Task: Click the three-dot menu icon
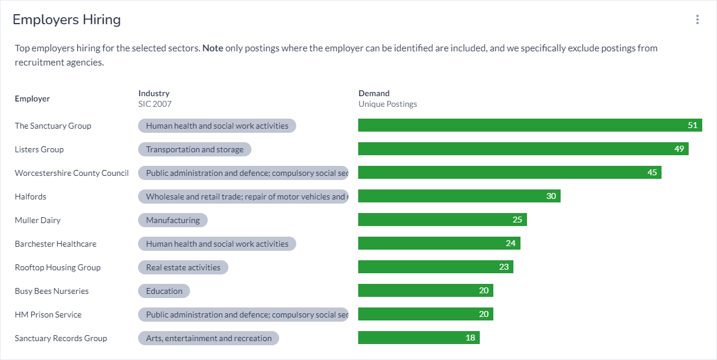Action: pyautogui.click(x=697, y=19)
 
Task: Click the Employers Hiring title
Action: pyautogui.click(x=67, y=19)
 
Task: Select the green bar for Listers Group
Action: pyautogui.click(x=523, y=149)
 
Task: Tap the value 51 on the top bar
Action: pyautogui.click(x=692, y=125)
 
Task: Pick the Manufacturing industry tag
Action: pyautogui.click(x=173, y=220)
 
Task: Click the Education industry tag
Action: pyautogui.click(x=164, y=291)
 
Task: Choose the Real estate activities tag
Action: pyautogui.click(x=183, y=267)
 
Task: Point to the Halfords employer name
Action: pyautogui.click(x=30, y=197)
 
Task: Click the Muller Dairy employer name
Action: pyautogui.click(x=38, y=220)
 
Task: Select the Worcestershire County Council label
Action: pyautogui.click(x=71, y=173)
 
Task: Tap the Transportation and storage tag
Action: pyautogui.click(x=195, y=149)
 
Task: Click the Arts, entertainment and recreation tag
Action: pyautogui.click(x=208, y=338)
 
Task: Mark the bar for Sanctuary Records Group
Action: pyautogui.click(x=418, y=338)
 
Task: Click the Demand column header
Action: pyautogui.click(x=374, y=93)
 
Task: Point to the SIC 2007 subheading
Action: pyautogui.click(x=155, y=104)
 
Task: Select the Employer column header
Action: pyautogui.click(x=32, y=99)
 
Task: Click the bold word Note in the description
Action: pyautogui.click(x=212, y=48)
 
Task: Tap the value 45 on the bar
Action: pyautogui.click(x=652, y=172)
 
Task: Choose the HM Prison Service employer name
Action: pyautogui.click(x=48, y=315)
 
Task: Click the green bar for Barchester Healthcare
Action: pyautogui.click(x=439, y=244)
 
